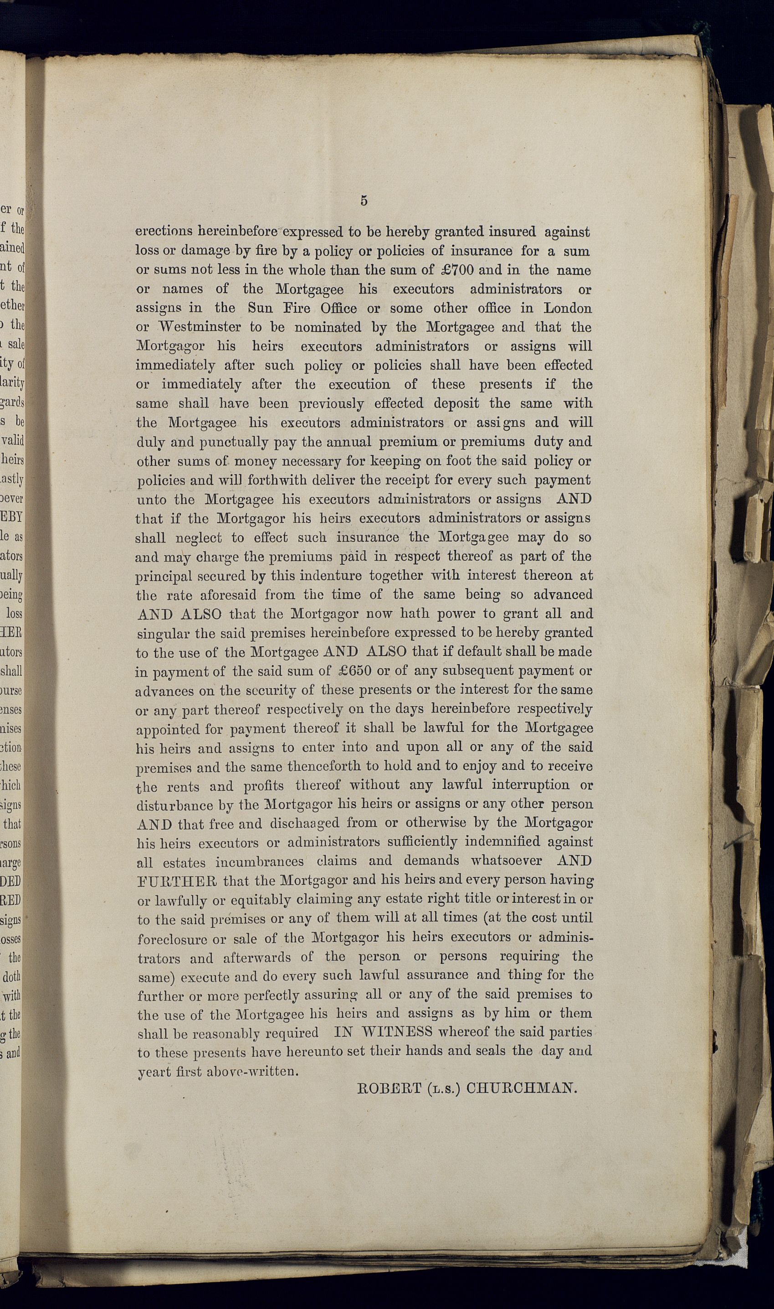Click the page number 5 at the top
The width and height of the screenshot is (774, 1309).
(364, 201)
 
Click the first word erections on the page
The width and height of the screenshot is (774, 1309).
(165, 232)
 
